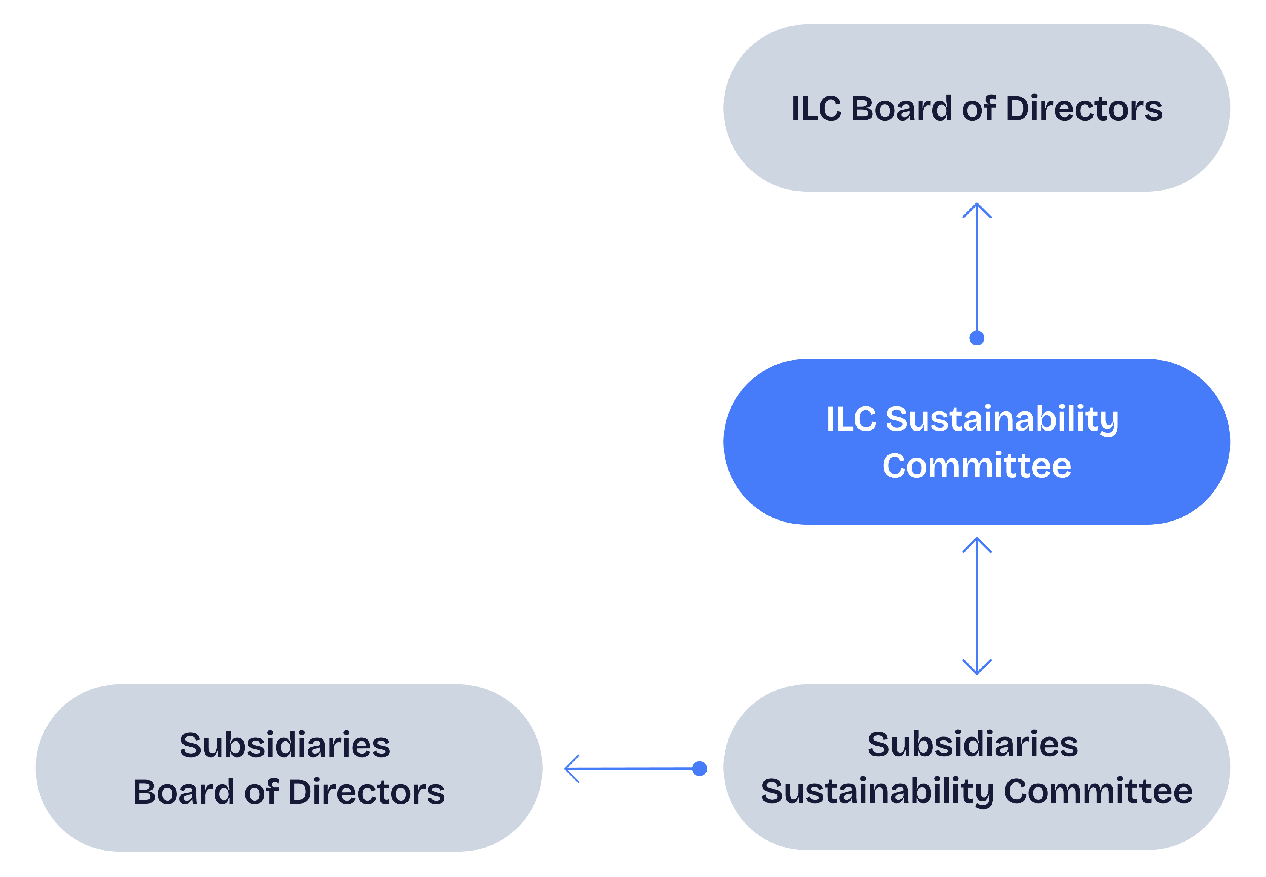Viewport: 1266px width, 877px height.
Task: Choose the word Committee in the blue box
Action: click(x=977, y=466)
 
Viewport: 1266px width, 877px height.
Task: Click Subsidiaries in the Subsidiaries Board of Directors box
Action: click(x=285, y=745)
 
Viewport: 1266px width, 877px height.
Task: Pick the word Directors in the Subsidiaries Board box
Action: click(x=366, y=792)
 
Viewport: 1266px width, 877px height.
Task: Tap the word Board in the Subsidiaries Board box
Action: click(x=184, y=792)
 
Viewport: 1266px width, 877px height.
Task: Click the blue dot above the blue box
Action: click(x=977, y=338)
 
